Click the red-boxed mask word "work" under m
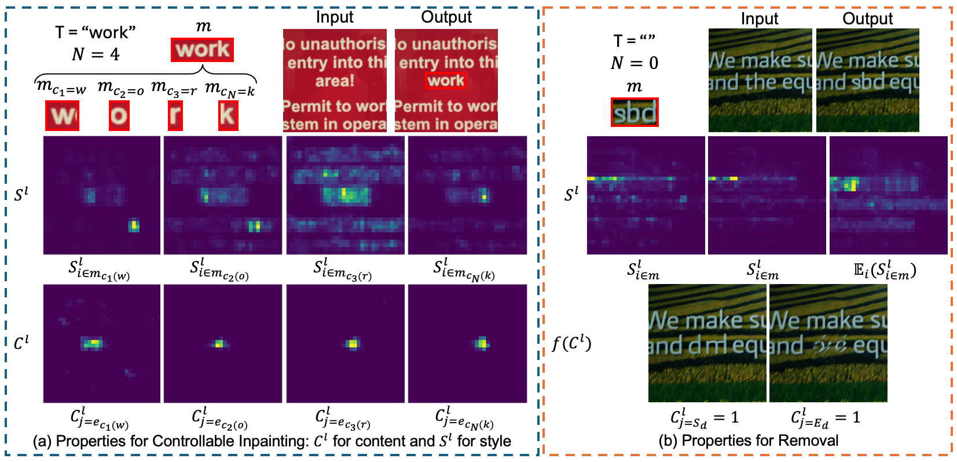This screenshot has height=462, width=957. click(202, 50)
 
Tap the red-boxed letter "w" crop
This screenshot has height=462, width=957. click(63, 116)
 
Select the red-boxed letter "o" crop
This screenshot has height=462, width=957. click(119, 116)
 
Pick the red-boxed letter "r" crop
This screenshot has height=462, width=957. click(174, 116)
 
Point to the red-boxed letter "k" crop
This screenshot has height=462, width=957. click(228, 116)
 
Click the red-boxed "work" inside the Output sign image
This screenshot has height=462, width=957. click(445, 81)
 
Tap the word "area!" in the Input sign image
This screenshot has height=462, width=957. click(335, 81)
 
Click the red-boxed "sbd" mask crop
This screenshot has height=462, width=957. click(635, 112)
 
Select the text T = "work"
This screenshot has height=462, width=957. click(95, 32)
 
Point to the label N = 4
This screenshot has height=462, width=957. click(96, 54)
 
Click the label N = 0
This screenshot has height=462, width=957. click(635, 63)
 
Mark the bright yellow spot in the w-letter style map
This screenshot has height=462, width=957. click(134, 225)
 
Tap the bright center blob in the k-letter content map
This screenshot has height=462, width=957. click(481, 344)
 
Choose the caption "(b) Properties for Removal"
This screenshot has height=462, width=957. click(748, 441)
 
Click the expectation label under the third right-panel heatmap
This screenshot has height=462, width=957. click(885, 271)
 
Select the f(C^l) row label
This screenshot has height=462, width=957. click(571, 344)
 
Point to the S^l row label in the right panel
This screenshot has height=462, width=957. click(571, 195)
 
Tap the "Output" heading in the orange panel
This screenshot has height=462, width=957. click(867, 19)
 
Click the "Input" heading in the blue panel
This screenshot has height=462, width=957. click(335, 17)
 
